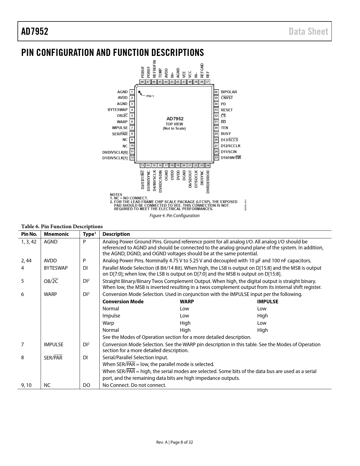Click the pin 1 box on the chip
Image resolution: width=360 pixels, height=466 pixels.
click(132, 92)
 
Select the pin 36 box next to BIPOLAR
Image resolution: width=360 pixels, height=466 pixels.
click(216, 92)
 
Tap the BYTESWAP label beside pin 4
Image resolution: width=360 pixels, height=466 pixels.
click(117, 110)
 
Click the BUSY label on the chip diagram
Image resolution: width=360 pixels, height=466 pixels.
click(226, 134)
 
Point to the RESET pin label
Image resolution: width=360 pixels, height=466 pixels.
click(227, 110)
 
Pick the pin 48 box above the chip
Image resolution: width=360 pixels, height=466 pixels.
click(142, 82)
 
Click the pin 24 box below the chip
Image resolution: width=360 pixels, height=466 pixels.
click(208, 166)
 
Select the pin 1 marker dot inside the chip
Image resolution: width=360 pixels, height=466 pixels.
click(139, 92)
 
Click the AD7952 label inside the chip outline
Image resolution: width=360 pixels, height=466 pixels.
click(175, 119)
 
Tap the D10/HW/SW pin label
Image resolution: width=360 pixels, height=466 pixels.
click(231, 158)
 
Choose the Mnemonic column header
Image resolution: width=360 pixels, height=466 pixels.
click(56, 234)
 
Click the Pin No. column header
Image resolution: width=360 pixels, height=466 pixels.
click(29, 234)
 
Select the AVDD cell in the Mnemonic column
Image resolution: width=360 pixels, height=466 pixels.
click(50, 261)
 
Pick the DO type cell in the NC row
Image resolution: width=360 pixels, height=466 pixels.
click(86, 385)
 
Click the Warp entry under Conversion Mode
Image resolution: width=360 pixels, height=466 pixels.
click(108, 323)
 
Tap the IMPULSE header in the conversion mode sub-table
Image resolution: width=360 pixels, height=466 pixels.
click(267, 302)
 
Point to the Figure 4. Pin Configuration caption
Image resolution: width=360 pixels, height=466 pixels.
click(174, 216)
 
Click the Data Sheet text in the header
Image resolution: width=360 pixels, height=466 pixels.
click(308, 31)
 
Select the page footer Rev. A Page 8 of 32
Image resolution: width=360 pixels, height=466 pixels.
click(174, 442)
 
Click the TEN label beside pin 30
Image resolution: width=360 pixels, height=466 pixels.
click(224, 128)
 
